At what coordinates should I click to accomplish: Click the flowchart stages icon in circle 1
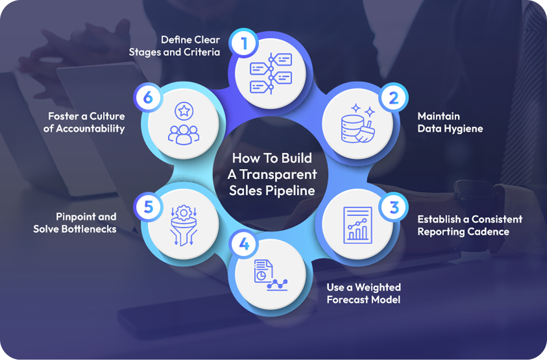tap(271, 73)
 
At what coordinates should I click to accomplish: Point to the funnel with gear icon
tap(183, 225)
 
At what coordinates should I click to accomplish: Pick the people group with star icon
tap(183, 124)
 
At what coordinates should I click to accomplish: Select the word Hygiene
tap(462, 128)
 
